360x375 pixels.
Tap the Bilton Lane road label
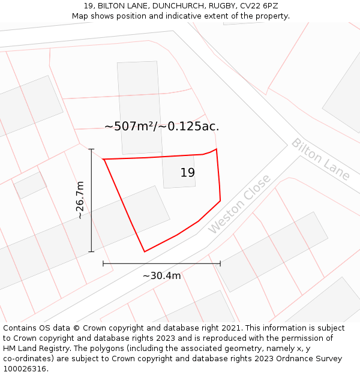[x=320, y=159]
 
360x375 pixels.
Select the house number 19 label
[x=188, y=173]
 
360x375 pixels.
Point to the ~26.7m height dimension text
[x=80, y=200]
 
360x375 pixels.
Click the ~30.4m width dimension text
[x=161, y=275]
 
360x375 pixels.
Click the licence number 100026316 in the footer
[x=23, y=368]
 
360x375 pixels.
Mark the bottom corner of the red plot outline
[x=145, y=251]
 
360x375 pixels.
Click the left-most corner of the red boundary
[x=104, y=159]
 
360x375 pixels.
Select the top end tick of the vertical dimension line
[x=91, y=149]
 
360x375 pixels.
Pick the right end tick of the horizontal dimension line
[x=220, y=263]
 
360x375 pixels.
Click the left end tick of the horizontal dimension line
[x=103, y=263]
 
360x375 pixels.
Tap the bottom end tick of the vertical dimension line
[x=91, y=251]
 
